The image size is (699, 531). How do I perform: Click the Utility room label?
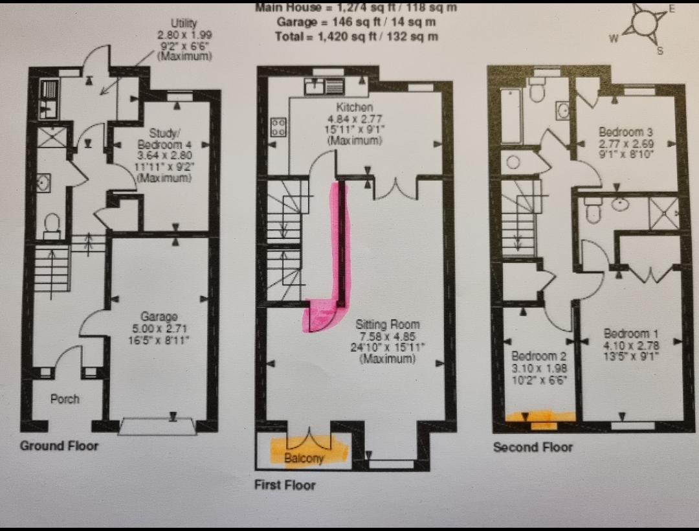pyautogui.click(x=184, y=23)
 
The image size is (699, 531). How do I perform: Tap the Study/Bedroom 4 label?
pyautogui.click(x=165, y=139)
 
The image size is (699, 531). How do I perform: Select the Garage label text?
pyautogui.click(x=159, y=317)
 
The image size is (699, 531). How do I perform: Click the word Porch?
pyautogui.click(x=65, y=399)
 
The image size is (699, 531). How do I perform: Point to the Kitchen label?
pyautogui.click(x=355, y=107)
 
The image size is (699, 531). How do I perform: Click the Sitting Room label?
pyautogui.click(x=388, y=324)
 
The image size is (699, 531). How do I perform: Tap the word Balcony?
pyautogui.click(x=304, y=458)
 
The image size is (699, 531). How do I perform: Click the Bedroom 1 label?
pyautogui.click(x=631, y=333)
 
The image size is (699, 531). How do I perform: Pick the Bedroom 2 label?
pyautogui.click(x=539, y=356)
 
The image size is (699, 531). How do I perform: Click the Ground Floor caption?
pyautogui.click(x=60, y=446)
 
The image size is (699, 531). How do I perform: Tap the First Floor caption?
pyautogui.click(x=285, y=484)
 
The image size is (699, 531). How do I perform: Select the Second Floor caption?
pyautogui.click(x=533, y=447)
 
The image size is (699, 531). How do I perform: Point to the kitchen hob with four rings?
pyautogui.click(x=279, y=127)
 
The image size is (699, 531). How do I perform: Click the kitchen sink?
pyautogui.click(x=325, y=87)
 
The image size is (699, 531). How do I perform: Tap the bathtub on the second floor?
pyautogui.click(x=511, y=116)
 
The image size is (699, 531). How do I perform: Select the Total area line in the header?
pyautogui.click(x=357, y=36)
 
